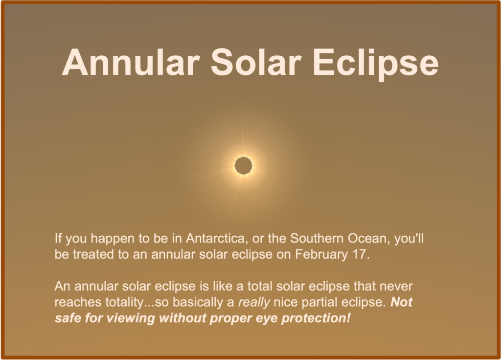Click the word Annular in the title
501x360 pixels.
[x=131, y=62]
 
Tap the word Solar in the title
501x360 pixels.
[x=256, y=62]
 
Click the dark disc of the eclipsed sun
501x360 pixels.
[x=244, y=165]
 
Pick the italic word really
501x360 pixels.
[x=254, y=302]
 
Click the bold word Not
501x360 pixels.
[x=401, y=302]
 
